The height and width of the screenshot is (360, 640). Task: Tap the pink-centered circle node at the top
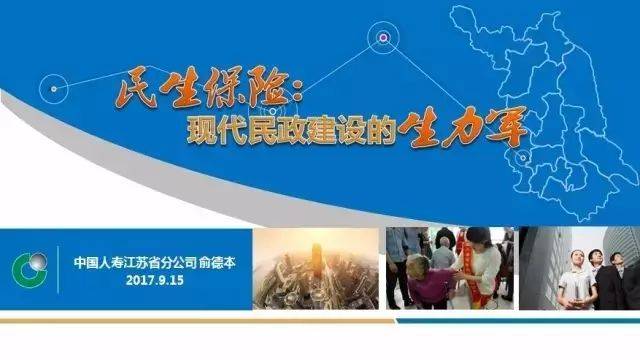pos(381,38)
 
